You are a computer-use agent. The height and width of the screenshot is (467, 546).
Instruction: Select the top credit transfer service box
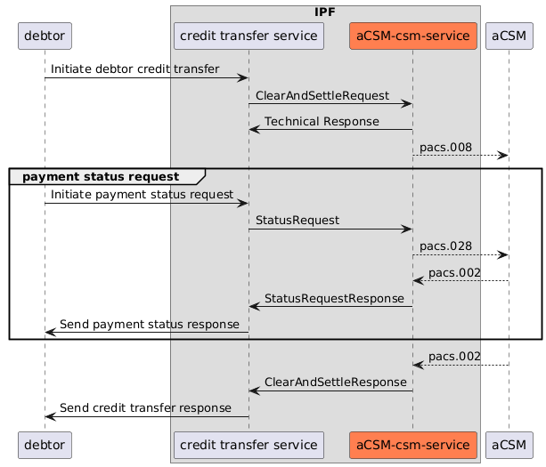tap(249, 36)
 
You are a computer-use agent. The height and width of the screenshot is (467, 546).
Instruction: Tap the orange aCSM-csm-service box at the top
tap(412, 36)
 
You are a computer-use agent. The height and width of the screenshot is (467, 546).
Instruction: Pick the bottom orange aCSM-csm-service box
tap(412, 444)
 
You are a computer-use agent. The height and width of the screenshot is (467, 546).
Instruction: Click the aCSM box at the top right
tap(509, 36)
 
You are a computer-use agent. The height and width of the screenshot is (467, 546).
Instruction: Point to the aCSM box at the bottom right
tap(509, 444)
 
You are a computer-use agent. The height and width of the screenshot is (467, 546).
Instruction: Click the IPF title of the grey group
tap(325, 12)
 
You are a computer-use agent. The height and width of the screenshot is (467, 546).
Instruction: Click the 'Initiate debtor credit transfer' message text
tap(135, 68)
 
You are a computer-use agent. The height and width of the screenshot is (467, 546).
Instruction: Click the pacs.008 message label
tap(445, 146)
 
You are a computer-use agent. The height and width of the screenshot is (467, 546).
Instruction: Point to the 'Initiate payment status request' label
tap(143, 193)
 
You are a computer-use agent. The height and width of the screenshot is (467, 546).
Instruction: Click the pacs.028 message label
tap(445, 245)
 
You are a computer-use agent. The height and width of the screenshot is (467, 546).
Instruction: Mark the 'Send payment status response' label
tap(149, 324)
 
